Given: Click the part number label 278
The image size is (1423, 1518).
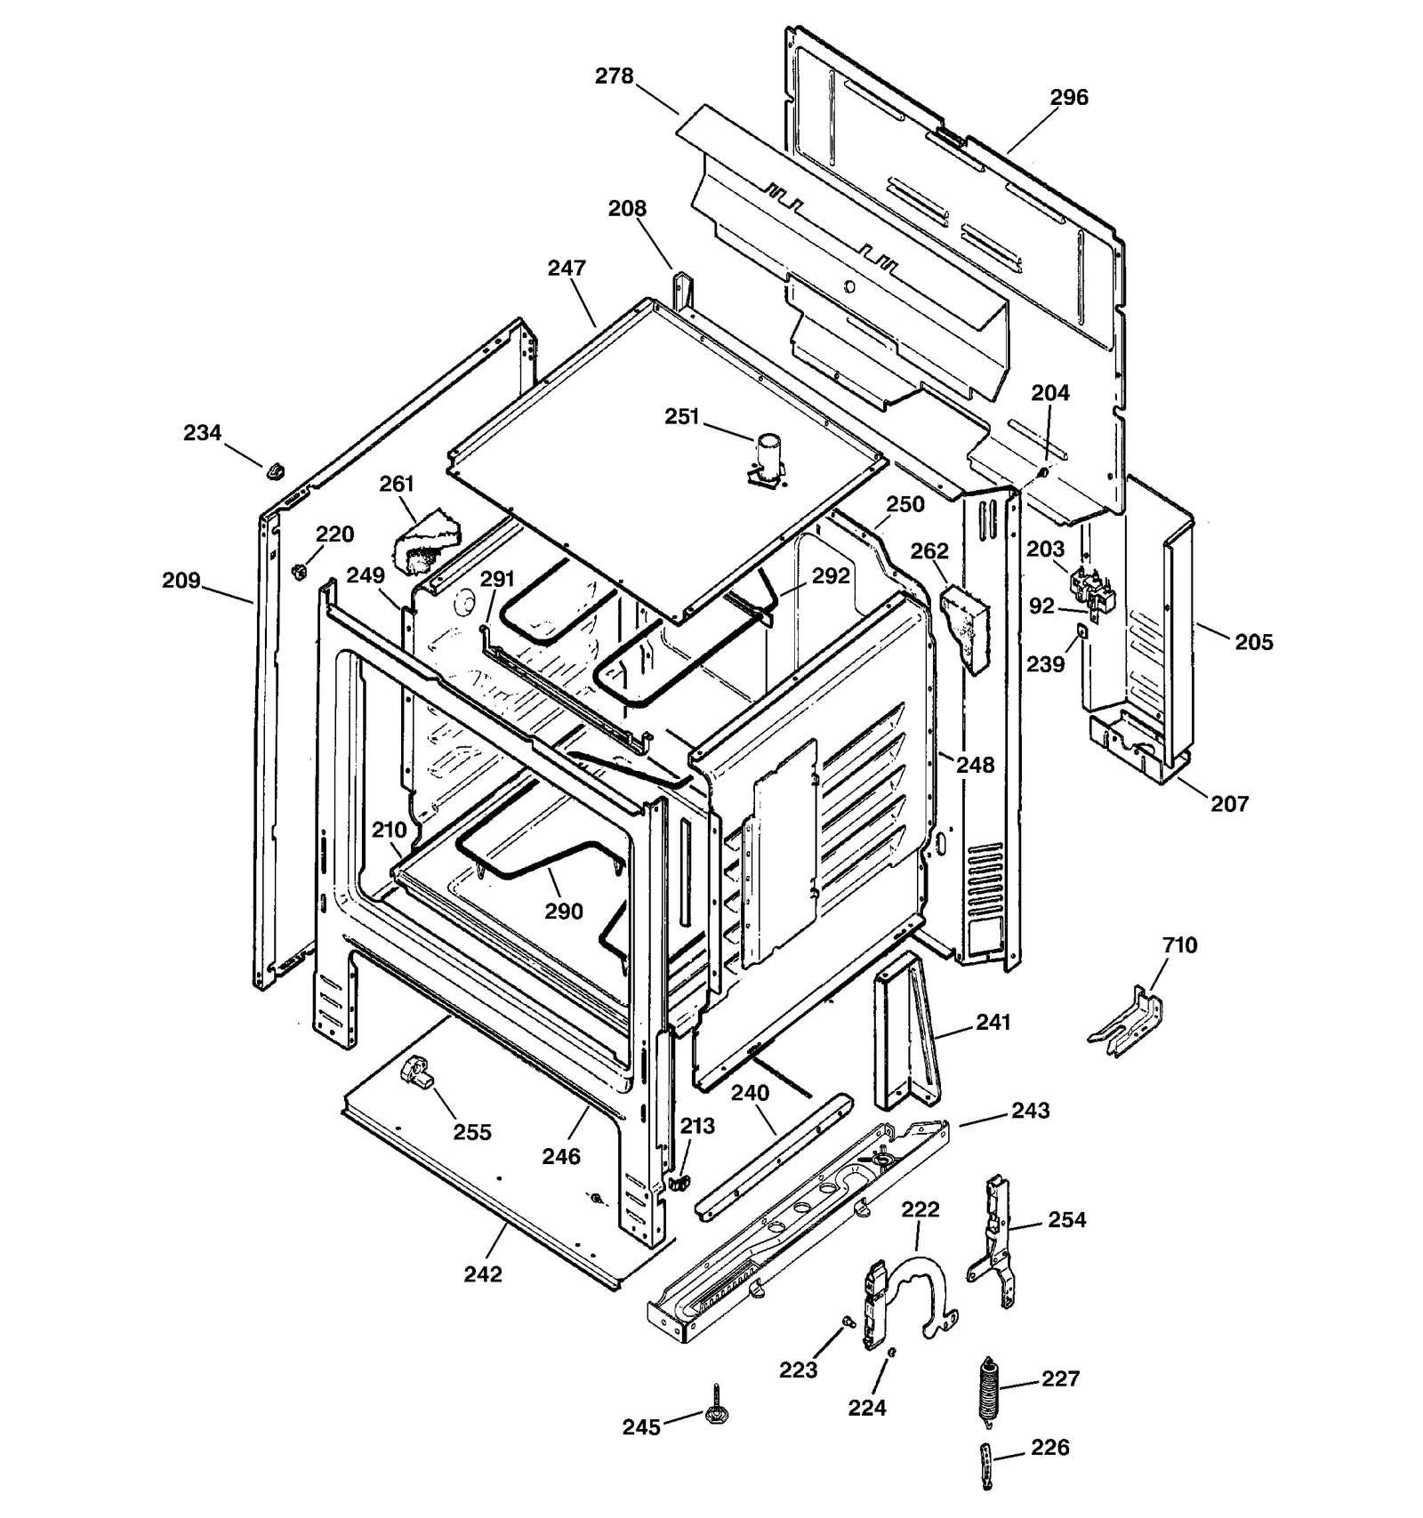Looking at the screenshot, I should pos(614,76).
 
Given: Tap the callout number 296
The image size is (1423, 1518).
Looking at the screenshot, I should pos(1068,98).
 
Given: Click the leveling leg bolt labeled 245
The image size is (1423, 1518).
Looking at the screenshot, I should pos(714,1409).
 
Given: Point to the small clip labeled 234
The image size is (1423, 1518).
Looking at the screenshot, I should pos(275,467).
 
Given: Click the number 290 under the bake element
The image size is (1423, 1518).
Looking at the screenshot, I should pos(564,912).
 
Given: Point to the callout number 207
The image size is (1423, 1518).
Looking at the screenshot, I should pos(1229,804).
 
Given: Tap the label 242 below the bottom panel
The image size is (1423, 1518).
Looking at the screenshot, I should pos(483,1274).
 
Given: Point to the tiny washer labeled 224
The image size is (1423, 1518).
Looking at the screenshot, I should pos(892,1353).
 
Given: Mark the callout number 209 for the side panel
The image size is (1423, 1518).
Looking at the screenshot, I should pos(181,581).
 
